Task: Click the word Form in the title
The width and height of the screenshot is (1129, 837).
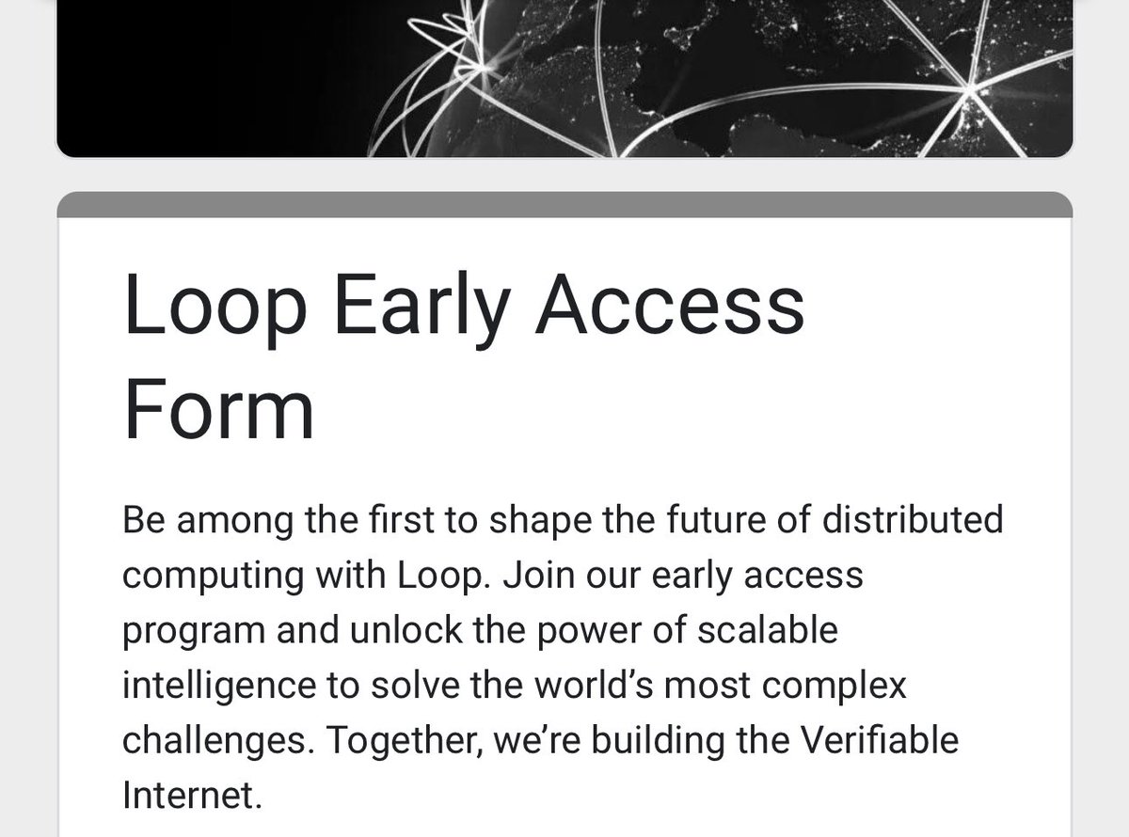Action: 218,411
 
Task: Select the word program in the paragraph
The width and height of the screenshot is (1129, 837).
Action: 194,630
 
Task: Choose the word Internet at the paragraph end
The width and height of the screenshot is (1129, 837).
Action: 189,795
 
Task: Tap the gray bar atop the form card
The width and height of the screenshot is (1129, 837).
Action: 564,205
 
